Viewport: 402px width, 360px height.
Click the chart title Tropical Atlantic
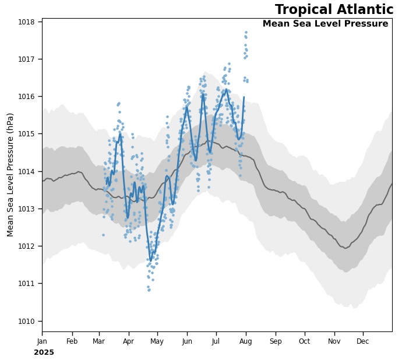coord(334,10)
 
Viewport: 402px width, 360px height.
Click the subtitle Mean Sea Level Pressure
coord(325,24)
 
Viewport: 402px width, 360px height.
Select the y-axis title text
coord(10,175)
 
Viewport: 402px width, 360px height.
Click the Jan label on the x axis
coord(42,341)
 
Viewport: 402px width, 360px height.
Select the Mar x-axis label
coord(98,341)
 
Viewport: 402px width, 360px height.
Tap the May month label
coord(157,341)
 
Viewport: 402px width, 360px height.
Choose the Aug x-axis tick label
coord(246,341)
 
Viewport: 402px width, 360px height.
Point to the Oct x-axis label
coord(305,341)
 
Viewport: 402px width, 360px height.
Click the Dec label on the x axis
coord(363,341)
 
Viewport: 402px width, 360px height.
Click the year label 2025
coord(44,352)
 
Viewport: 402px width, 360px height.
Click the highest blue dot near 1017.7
coord(246,33)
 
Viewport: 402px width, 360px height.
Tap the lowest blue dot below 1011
coord(149,290)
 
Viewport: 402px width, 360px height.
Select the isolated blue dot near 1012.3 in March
coord(103,235)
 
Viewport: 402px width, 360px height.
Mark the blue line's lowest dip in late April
coord(151,260)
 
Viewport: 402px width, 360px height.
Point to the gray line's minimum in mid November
coord(345,248)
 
